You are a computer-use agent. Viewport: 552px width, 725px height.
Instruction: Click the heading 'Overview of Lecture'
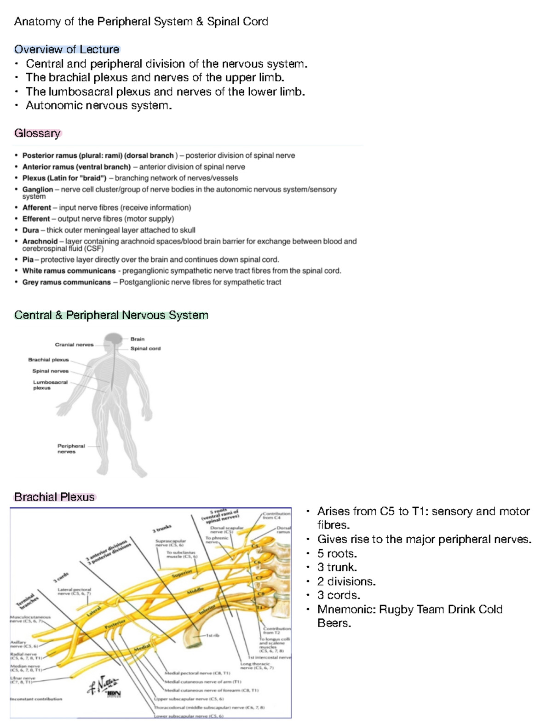[67, 49]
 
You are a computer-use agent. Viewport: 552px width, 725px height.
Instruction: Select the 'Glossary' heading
[37, 133]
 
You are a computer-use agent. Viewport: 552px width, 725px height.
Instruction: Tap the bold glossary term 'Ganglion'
[38, 189]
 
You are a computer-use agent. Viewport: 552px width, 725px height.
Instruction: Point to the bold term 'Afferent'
[37, 207]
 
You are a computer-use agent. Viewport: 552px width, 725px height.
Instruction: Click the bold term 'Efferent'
[36, 219]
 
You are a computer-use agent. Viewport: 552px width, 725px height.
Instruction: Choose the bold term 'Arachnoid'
[40, 241]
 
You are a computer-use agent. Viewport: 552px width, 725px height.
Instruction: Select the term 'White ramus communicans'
[69, 270]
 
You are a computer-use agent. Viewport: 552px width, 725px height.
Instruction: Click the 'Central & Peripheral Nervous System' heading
[111, 315]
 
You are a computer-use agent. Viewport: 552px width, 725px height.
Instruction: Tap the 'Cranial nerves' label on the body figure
[74, 345]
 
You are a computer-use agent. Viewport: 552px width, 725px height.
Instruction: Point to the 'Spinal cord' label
[145, 348]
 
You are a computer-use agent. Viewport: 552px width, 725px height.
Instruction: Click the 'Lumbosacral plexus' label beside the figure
[50, 385]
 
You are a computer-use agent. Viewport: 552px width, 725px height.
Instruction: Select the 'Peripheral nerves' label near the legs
[71, 449]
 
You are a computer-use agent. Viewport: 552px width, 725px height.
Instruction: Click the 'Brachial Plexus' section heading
[54, 497]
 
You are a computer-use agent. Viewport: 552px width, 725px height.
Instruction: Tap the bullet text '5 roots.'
[337, 553]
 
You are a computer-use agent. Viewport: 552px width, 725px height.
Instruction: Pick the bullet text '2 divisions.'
[346, 581]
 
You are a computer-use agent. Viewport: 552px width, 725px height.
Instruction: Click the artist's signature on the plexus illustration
[103, 686]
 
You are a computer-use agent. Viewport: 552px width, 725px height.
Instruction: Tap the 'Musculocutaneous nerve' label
[29, 619]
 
